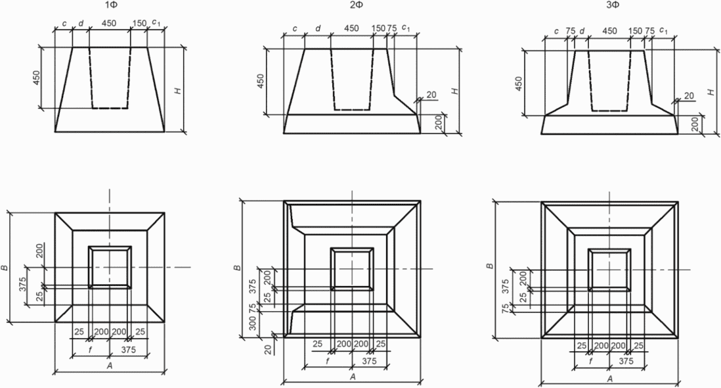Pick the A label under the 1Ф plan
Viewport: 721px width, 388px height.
click(x=110, y=366)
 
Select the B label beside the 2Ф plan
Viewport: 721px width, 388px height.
click(x=238, y=268)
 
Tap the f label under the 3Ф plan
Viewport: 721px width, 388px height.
click(x=590, y=361)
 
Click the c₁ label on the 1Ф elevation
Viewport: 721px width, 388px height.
click(x=156, y=22)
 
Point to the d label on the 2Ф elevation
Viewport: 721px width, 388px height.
click(x=318, y=28)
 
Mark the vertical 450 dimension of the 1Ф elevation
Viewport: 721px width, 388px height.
click(x=37, y=78)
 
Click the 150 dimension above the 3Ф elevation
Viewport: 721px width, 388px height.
click(x=635, y=31)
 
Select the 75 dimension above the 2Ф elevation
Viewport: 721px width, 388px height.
click(x=391, y=28)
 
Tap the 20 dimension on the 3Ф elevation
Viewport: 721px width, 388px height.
click(x=689, y=96)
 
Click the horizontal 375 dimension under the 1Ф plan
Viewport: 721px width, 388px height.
click(x=128, y=350)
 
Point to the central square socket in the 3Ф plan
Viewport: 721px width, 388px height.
click(x=609, y=269)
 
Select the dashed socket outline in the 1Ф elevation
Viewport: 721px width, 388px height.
click(x=110, y=108)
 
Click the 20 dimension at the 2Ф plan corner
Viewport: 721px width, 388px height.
click(x=269, y=349)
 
